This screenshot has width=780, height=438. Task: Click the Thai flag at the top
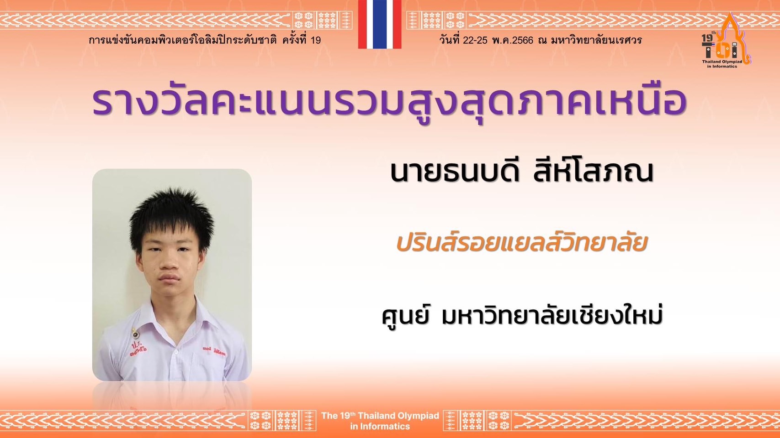[x=380, y=24]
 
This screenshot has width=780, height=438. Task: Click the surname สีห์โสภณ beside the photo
[x=594, y=172]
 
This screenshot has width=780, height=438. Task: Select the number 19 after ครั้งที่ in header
[x=315, y=41]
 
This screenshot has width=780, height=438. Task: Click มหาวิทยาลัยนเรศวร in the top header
[x=596, y=40]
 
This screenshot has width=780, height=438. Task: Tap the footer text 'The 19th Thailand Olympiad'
[x=380, y=416]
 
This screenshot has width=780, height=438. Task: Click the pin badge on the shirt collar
[x=135, y=334]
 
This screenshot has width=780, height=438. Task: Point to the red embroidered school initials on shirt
[x=138, y=349]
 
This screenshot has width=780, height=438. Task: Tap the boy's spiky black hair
[x=172, y=215]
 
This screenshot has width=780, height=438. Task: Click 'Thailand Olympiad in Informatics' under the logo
[x=722, y=64]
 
